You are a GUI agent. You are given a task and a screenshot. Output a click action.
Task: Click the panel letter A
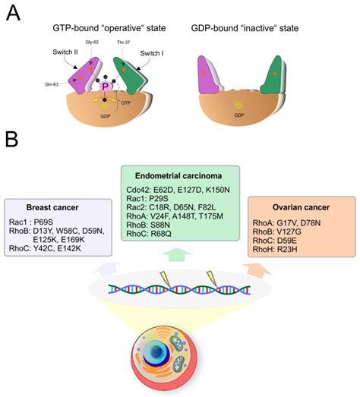point(12,13)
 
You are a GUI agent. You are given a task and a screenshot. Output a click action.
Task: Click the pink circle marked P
point(107,87)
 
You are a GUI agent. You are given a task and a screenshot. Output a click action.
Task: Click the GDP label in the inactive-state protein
point(239,115)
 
